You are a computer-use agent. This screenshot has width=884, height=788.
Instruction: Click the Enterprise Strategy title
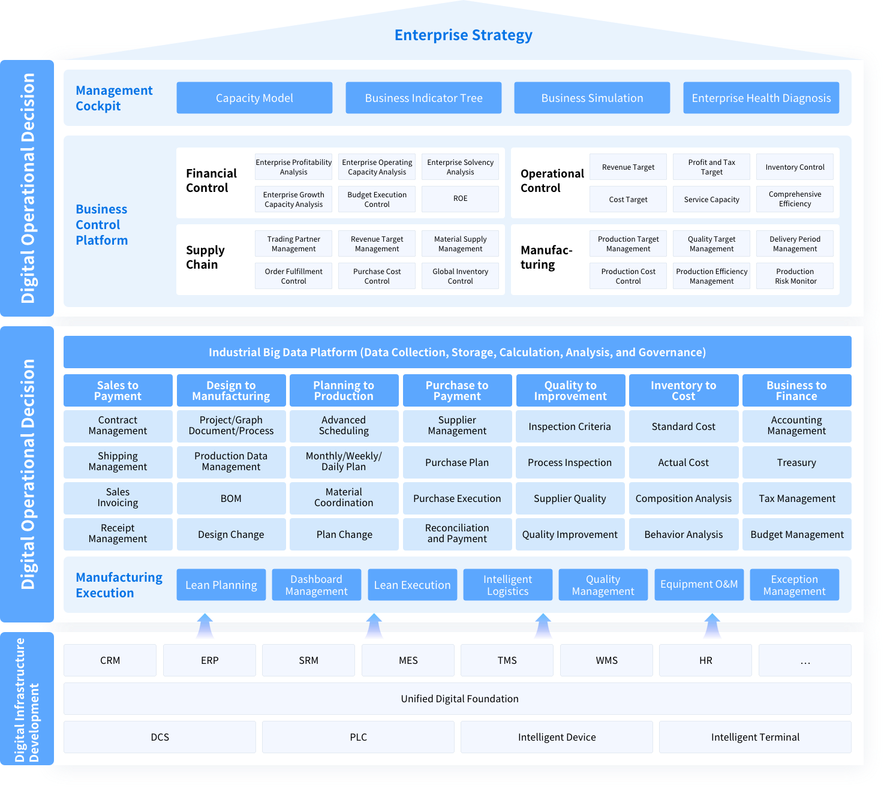tap(463, 35)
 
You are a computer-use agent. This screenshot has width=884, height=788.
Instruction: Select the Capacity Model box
tap(254, 98)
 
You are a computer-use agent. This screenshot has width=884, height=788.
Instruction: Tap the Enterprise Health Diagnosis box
tap(761, 98)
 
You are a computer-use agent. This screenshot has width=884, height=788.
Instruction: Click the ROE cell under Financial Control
tap(460, 198)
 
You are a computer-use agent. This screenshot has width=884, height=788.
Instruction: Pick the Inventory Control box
tap(795, 167)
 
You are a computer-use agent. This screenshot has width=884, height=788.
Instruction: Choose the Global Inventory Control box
tap(460, 276)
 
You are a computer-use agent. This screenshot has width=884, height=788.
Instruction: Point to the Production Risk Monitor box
tap(795, 276)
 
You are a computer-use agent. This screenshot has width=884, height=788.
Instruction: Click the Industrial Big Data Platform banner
tap(457, 352)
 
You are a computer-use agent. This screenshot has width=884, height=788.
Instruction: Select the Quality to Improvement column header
tap(570, 390)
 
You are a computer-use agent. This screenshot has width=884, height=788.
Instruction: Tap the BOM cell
tap(231, 498)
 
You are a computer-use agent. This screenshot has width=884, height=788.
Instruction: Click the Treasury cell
tap(796, 462)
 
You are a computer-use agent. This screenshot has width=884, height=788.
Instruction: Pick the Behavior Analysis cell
tap(683, 534)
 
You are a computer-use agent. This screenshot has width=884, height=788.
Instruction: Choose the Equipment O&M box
tap(699, 584)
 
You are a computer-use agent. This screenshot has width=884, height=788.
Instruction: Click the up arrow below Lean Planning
tap(205, 625)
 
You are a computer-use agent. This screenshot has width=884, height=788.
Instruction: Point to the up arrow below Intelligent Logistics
tap(543, 625)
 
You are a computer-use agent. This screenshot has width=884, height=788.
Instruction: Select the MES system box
tap(408, 660)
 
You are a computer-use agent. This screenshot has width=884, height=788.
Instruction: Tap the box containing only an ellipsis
tap(805, 660)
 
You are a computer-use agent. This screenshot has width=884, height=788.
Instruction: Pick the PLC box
tap(358, 737)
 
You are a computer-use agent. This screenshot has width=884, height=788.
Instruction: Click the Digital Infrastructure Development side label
tap(27, 699)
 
